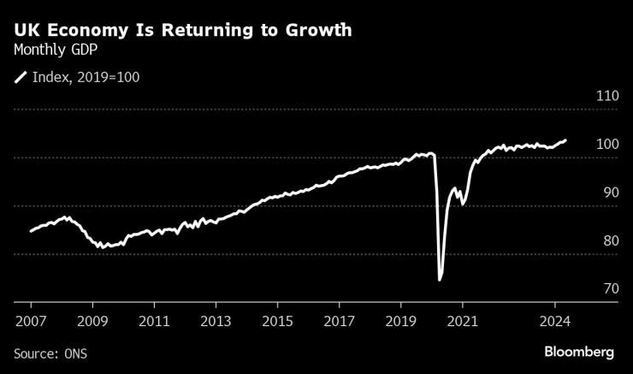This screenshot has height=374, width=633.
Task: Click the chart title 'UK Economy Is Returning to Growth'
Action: [182, 31]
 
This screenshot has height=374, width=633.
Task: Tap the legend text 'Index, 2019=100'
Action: [86, 77]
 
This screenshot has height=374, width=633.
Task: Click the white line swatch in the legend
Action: [20, 77]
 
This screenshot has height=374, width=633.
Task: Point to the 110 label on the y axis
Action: [606, 96]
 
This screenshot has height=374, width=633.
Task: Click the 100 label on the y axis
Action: [606, 144]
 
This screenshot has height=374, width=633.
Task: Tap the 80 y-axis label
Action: [610, 240]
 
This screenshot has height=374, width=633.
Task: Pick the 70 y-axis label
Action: [610, 289]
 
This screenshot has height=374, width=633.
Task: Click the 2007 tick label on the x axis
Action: [30, 324]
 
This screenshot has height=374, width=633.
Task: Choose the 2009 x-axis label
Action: [92, 324]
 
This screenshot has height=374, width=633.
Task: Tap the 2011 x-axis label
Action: [154, 324]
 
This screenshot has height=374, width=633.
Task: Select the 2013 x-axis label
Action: [216, 324]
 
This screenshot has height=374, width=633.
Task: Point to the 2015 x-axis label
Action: [277, 324]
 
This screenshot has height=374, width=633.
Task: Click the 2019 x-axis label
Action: [400, 324]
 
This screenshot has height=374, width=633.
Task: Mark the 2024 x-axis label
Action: [554, 324]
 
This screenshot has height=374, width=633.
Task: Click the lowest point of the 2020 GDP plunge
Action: [440, 279]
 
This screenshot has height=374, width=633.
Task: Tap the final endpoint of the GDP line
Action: [565, 140]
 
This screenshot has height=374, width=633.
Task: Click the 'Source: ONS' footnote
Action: [50, 353]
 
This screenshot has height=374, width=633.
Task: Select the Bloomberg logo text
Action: [579, 352]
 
